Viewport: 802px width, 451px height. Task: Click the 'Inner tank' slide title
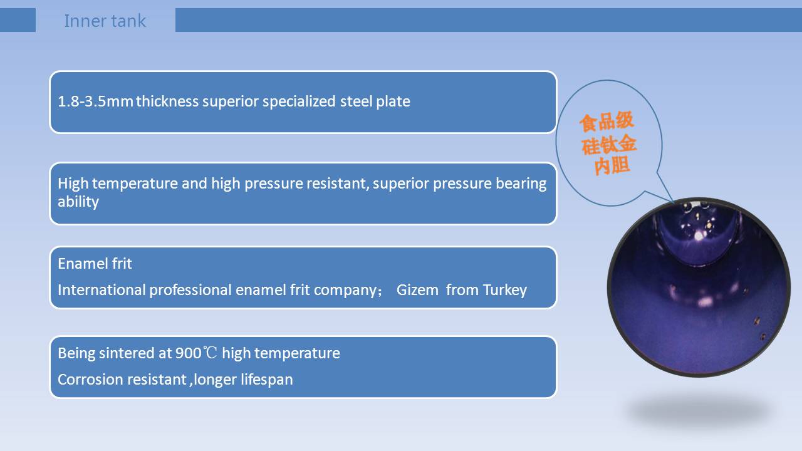point(105,21)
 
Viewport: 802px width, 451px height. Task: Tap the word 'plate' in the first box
point(393,102)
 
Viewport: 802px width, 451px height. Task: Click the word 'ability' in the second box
point(78,202)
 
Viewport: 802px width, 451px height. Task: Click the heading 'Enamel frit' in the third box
point(95,264)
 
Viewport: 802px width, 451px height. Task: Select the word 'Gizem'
point(417,290)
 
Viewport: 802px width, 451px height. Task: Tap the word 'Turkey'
point(505,290)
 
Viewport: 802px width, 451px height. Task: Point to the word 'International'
point(102,290)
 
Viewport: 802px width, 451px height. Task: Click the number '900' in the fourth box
point(189,353)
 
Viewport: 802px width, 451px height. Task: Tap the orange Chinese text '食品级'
point(607,122)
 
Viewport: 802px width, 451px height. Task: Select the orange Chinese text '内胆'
point(612,166)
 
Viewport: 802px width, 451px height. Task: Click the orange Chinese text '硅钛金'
point(609,145)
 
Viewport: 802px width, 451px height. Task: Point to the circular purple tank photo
point(699,287)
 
